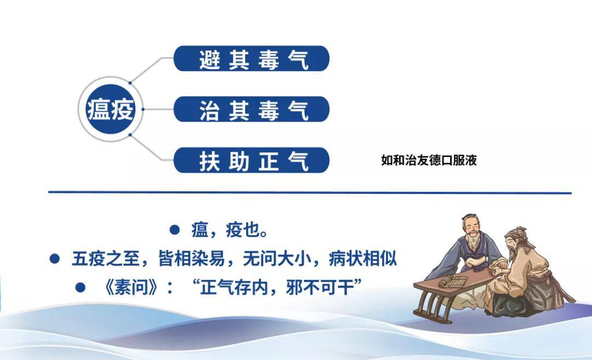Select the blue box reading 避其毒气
point(252,59)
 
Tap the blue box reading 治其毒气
point(252,109)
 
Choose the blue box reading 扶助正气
point(252,160)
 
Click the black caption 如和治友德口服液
point(429,161)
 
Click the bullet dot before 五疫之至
point(55,258)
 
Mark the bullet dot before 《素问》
point(81,287)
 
